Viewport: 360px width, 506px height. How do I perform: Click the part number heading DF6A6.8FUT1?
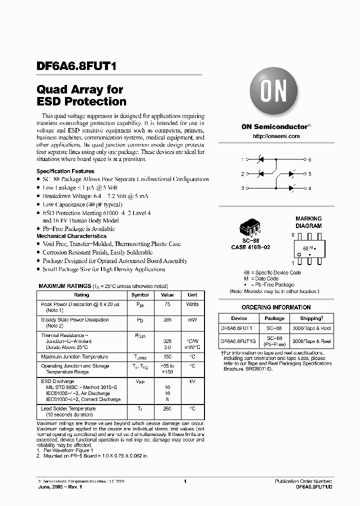click(x=77, y=65)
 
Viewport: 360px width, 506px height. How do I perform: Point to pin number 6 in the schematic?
click(x=309, y=159)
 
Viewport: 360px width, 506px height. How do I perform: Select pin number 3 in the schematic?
click(x=242, y=188)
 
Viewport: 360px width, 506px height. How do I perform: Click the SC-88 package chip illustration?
click(x=250, y=231)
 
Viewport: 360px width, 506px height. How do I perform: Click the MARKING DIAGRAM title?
click(x=308, y=222)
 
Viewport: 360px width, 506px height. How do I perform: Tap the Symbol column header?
click(x=139, y=295)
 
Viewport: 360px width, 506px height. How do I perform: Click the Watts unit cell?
click(x=192, y=304)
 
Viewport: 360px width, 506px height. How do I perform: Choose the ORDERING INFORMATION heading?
click(x=276, y=307)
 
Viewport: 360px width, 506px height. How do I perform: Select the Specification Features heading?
click(x=65, y=171)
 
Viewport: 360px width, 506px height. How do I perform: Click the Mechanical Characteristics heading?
click(x=71, y=236)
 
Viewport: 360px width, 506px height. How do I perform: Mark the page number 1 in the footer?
click(x=185, y=481)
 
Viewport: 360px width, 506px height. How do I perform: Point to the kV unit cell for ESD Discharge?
click(x=192, y=381)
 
